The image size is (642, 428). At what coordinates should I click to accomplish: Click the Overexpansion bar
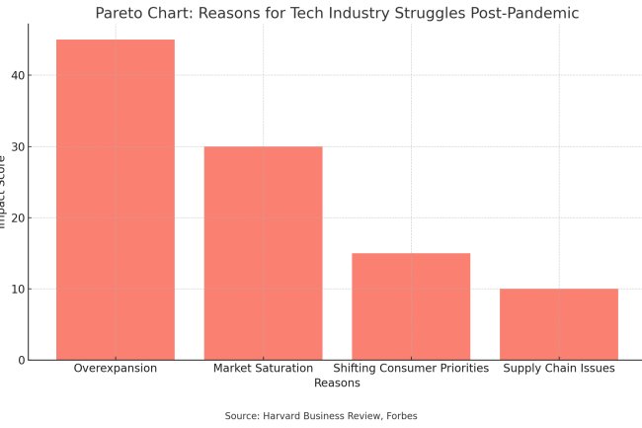click(x=116, y=200)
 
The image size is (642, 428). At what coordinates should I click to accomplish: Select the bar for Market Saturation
click(x=263, y=253)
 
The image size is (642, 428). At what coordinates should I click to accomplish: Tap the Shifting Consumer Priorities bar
click(x=411, y=306)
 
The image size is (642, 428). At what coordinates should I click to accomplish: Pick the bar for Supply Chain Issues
click(x=559, y=324)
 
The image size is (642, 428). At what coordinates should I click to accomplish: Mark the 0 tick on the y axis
click(x=20, y=360)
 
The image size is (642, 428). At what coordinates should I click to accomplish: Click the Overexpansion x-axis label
click(x=116, y=369)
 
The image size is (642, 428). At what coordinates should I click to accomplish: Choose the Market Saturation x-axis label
click(x=263, y=369)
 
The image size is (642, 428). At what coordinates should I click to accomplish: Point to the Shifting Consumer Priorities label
click(x=411, y=369)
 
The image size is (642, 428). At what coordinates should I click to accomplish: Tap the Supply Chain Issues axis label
click(x=559, y=369)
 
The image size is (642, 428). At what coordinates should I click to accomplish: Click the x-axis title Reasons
click(x=337, y=383)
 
